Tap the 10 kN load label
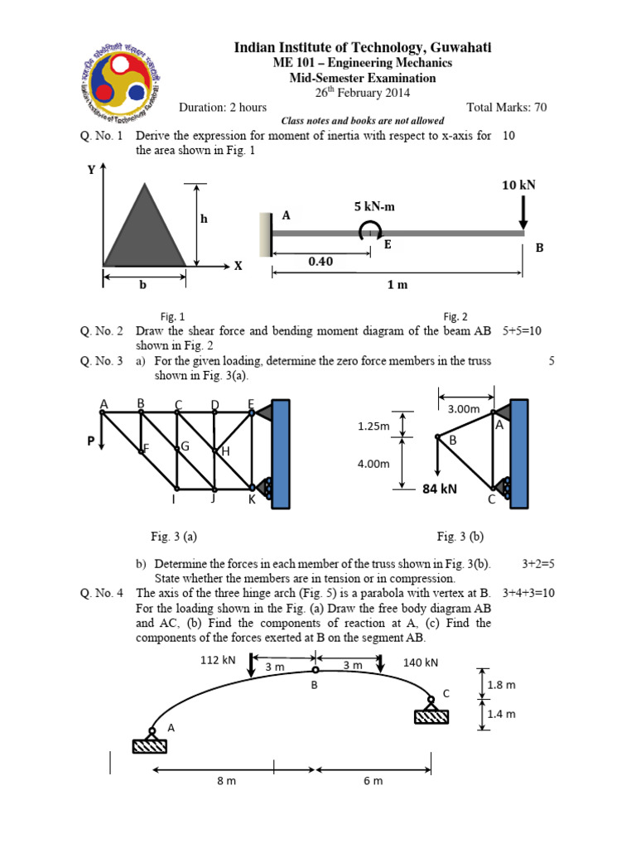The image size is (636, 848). click(518, 185)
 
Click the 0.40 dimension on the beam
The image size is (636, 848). click(320, 261)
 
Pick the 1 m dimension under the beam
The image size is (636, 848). click(397, 285)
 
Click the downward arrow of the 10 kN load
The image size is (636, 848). click(523, 214)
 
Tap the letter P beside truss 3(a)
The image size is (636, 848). click(91, 441)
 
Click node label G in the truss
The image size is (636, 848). click(185, 446)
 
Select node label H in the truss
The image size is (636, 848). click(224, 451)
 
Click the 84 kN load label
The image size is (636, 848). click(440, 489)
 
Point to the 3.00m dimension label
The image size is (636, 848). click(464, 408)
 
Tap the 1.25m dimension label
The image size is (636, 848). click(373, 426)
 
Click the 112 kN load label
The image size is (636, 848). click(218, 660)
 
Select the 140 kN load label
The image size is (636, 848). click(420, 662)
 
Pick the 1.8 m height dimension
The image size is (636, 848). click(502, 685)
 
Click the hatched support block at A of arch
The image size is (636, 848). click(150, 746)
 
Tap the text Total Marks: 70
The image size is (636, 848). click(507, 107)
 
